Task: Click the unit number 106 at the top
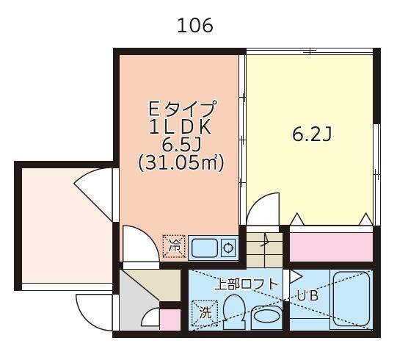pyautogui.click(x=195, y=26)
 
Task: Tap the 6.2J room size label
pyautogui.click(x=312, y=134)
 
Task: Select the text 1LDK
pyautogui.click(x=180, y=128)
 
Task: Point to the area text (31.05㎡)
pyautogui.click(x=181, y=163)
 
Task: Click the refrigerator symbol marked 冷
pyautogui.click(x=174, y=246)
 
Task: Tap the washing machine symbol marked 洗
pyautogui.click(x=205, y=313)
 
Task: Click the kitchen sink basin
pyautogui.click(x=205, y=248)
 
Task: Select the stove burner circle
pyautogui.click(x=228, y=248)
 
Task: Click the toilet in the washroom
pyautogui.click(x=234, y=312)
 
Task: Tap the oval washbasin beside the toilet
pyautogui.click(x=266, y=317)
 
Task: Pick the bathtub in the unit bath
pyautogui.click(x=351, y=299)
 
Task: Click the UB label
pyautogui.click(x=307, y=296)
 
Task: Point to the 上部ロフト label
pyautogui.click(x=247, y=284)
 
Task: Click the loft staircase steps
pyautogui.click(x=264, y=250)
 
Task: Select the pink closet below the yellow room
pyautogui.click(x=331, y=247)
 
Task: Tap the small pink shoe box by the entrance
pyautogui.click(x=170, y=320)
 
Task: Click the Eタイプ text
pyautogui.click(x=182, y=108)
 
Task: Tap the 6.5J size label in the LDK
pyautogui.click(x=181, y=145)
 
